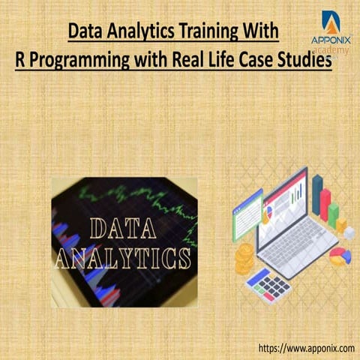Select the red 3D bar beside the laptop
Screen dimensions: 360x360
tap(325, 204)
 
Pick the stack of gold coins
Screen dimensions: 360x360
tap(244, 259)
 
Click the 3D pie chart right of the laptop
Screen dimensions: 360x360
tap(340, 256)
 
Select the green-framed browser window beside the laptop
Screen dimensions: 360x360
tap(247, 214)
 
